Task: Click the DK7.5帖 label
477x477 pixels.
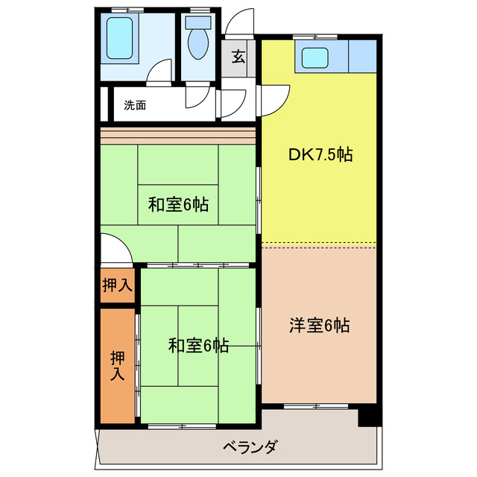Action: point(320,155)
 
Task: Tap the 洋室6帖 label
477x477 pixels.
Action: point(320,325)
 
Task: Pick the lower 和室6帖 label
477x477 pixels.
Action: point(198,345)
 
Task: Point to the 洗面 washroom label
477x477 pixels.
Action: point(135,106)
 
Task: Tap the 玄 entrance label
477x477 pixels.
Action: point(238,57)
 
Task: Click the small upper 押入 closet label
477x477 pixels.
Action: point(117,284)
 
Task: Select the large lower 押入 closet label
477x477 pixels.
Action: point(117,364)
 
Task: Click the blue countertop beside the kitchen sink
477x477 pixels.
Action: point(363,56)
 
